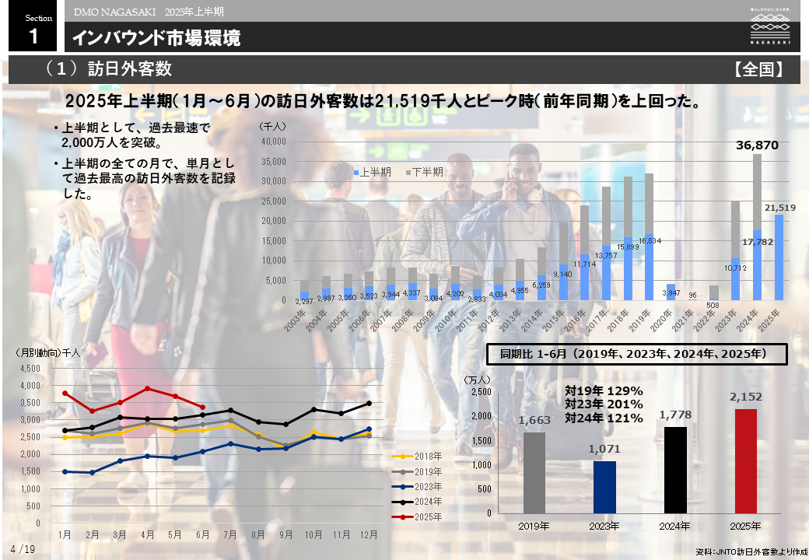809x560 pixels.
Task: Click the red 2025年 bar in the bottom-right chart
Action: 745,460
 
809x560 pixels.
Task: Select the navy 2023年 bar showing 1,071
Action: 604,487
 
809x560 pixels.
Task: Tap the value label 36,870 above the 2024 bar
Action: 757,145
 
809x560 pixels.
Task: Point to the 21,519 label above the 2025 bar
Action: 779,208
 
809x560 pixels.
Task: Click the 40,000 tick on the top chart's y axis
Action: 275,142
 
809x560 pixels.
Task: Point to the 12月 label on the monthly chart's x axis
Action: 369,535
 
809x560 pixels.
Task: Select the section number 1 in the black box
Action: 33,36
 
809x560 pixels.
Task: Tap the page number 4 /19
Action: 23,549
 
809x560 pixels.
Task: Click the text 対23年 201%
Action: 604,404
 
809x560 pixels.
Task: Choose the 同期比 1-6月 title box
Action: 636,354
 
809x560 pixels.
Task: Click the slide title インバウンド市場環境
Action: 156,38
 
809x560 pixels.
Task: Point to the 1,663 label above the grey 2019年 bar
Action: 534,421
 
